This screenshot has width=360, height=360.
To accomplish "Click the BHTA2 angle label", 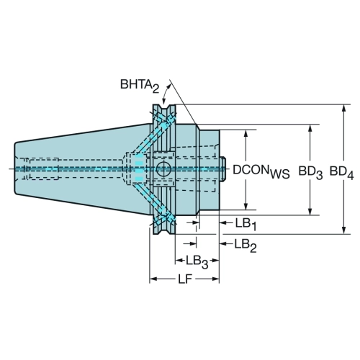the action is (x=140, y=86).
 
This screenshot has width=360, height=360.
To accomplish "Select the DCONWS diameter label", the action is (x=261, y=171).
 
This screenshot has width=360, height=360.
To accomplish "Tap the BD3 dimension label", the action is (x=310, y=172).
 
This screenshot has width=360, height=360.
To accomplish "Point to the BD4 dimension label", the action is (x=342, y=172).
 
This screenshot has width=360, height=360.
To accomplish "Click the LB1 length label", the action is (x=246, y=225).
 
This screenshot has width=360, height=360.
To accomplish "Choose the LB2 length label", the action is (x=246, y=246).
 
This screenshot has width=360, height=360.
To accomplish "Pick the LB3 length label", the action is (x=197, y=261).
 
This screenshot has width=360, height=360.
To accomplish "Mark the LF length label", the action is (x=185, y=279).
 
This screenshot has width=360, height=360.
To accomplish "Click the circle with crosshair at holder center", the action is (x=163, y=169).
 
